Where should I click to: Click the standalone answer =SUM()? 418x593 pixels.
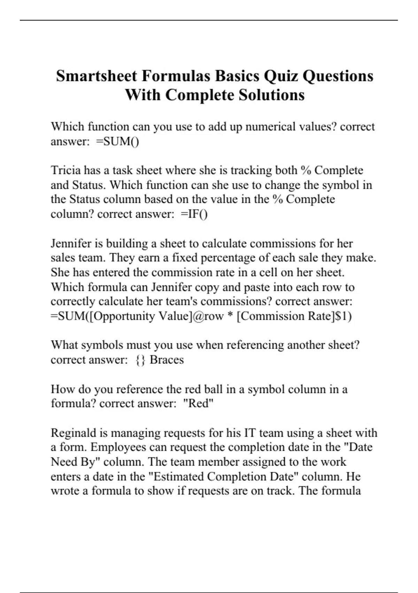[117, 142]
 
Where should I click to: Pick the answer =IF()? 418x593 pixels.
[194, 214]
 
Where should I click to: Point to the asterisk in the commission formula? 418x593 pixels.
[230, 316]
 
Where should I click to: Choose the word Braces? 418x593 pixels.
[167, 360]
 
